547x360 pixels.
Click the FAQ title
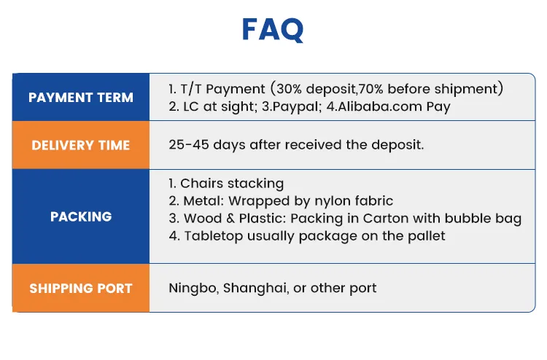click(x=273, y=30)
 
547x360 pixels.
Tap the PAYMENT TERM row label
click(x=81, y=98)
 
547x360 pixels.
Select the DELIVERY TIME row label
click(x=81, y=145)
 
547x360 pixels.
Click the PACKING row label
click(x=81, y=216)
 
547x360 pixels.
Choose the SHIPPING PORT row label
click(x=81, y=288)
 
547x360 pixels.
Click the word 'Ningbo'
click(x=193, y=288)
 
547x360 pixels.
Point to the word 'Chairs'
click(x=201, y=183)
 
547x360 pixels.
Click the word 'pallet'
click(x=425, y=235)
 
